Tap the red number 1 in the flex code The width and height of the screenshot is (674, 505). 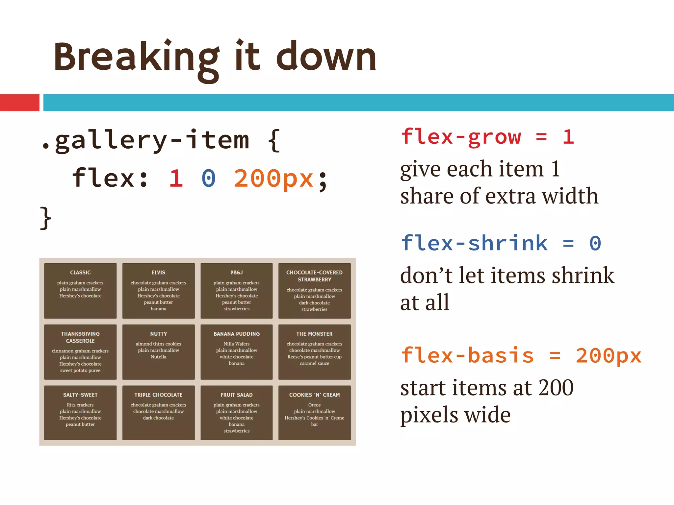176,179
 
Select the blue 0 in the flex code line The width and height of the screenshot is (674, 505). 209,179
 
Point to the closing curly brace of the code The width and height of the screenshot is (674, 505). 45,218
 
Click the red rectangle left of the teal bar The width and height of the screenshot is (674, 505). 19,103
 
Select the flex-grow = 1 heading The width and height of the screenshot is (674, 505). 487,137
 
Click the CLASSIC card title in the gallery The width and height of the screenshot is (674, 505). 80,273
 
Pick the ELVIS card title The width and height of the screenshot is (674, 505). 158,273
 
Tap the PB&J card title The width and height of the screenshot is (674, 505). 236,273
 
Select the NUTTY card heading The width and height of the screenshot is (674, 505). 158,334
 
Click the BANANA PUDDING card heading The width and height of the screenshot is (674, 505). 236,334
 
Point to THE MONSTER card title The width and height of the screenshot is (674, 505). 314,334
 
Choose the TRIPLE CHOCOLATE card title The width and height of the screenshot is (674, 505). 158,395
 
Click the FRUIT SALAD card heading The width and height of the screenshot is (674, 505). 236,395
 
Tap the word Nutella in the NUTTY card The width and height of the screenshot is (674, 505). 158,357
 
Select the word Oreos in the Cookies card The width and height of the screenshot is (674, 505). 314,405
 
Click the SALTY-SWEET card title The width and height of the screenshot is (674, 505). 80,395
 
